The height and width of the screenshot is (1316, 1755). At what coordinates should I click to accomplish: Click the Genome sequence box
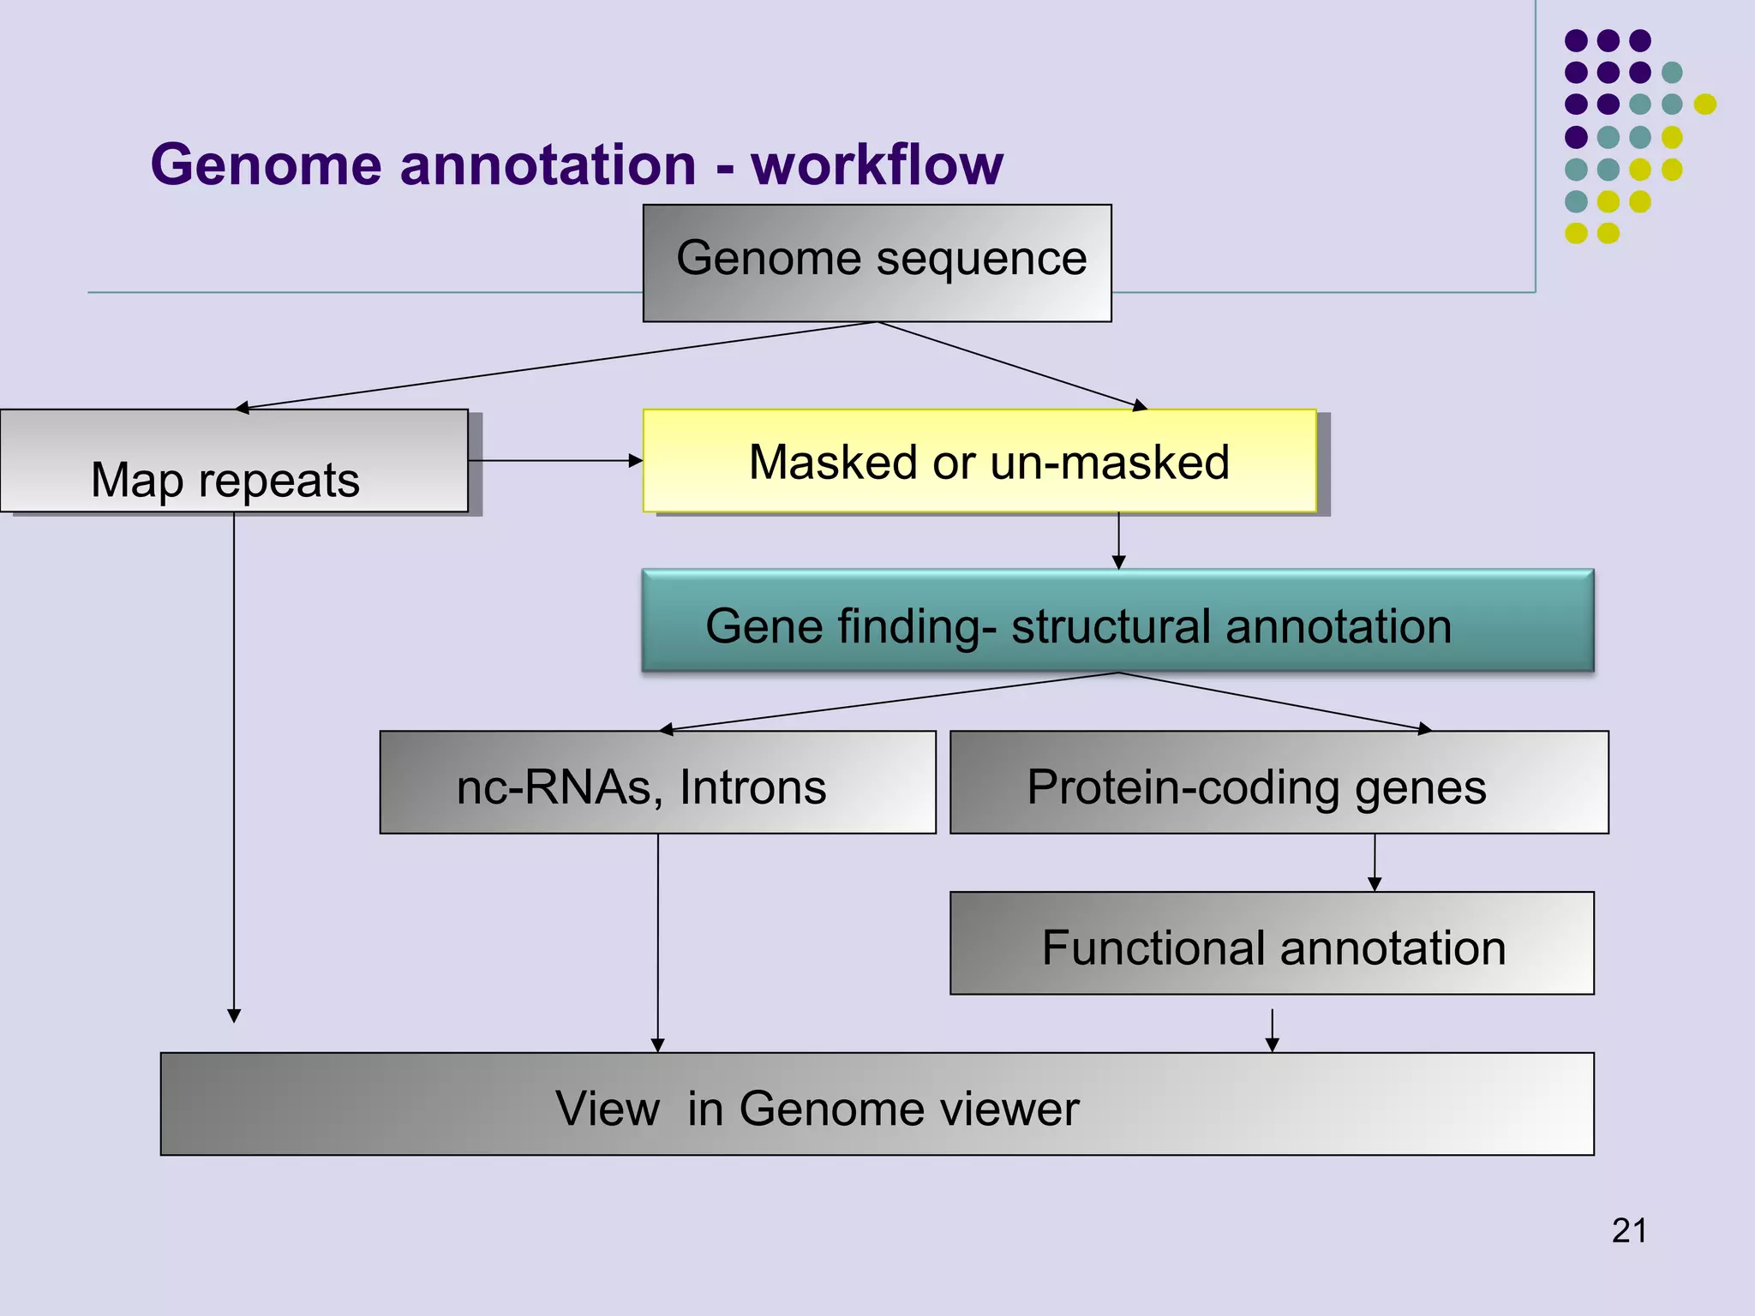click(877, 263)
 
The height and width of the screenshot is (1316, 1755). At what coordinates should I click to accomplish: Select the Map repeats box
click(233, 461)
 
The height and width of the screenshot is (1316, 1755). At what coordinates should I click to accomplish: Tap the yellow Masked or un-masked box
click(979, 461)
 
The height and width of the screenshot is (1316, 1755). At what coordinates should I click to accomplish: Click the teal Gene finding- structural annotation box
click(1117, 621)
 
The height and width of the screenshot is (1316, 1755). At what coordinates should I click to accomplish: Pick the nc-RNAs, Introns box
click(657, 782)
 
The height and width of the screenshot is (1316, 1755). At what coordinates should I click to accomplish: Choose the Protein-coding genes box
click(1279, 782)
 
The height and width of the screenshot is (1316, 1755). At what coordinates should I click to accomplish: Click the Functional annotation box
click(1272, 943)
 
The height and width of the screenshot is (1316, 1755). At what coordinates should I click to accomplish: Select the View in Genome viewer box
click(877, 1104)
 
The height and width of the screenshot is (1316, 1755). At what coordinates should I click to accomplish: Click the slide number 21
click(1628, 1231)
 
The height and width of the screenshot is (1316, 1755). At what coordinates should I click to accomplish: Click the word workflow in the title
click(877, 164)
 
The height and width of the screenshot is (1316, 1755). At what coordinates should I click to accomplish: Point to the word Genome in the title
click(266, 164)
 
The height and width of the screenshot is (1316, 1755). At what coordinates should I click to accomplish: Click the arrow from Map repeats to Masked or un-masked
click(555, 461)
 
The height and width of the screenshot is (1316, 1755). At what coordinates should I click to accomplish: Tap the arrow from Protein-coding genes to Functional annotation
click(1375, 863)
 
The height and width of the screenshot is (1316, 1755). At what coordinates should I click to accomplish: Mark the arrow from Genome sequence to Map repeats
click(557, 366)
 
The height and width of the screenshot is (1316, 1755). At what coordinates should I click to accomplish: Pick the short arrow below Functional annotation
click(1272, 1031)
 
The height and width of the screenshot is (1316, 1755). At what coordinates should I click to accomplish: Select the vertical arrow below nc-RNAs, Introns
click(657, 942)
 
